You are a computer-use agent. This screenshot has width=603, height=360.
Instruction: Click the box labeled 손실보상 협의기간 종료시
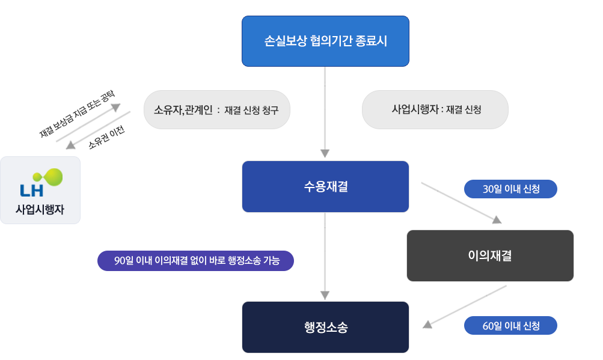[x=325, y=41]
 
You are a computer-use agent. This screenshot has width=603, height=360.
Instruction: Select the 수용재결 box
[x=325, y=186]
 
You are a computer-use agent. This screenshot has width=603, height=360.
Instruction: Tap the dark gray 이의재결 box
[x=490, y=255]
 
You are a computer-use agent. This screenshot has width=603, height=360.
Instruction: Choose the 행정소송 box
[x=325, y=327]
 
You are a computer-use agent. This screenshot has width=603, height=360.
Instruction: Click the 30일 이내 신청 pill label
[x=510, y=189]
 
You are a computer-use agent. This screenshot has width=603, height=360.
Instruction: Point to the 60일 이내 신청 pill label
[x=510, y=326]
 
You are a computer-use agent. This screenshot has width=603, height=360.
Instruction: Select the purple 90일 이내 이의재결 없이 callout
[x=195, y=261]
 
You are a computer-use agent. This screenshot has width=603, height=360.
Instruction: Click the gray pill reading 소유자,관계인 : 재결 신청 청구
[x=216, y=110]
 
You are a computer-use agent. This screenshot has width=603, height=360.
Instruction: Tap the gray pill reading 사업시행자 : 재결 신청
[x=435, y=110]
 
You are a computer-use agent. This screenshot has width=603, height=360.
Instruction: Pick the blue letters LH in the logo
[x=31, y=191]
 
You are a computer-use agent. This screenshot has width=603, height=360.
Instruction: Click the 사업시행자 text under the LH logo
[x=40, y=210]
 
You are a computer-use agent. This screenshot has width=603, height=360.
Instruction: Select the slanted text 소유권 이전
[x=106, y=136]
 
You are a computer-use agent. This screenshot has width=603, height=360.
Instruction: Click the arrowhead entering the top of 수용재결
[x=325, y=153]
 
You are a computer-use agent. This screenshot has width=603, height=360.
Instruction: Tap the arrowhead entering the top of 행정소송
[x=325, y=295]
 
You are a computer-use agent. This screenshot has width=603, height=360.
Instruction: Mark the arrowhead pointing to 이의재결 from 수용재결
[x=497, y=220]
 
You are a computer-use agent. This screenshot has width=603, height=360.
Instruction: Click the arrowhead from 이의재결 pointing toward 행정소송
[x=427, y=325]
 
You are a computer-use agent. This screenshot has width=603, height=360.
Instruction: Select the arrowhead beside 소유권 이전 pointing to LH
[x=70, y=145]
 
